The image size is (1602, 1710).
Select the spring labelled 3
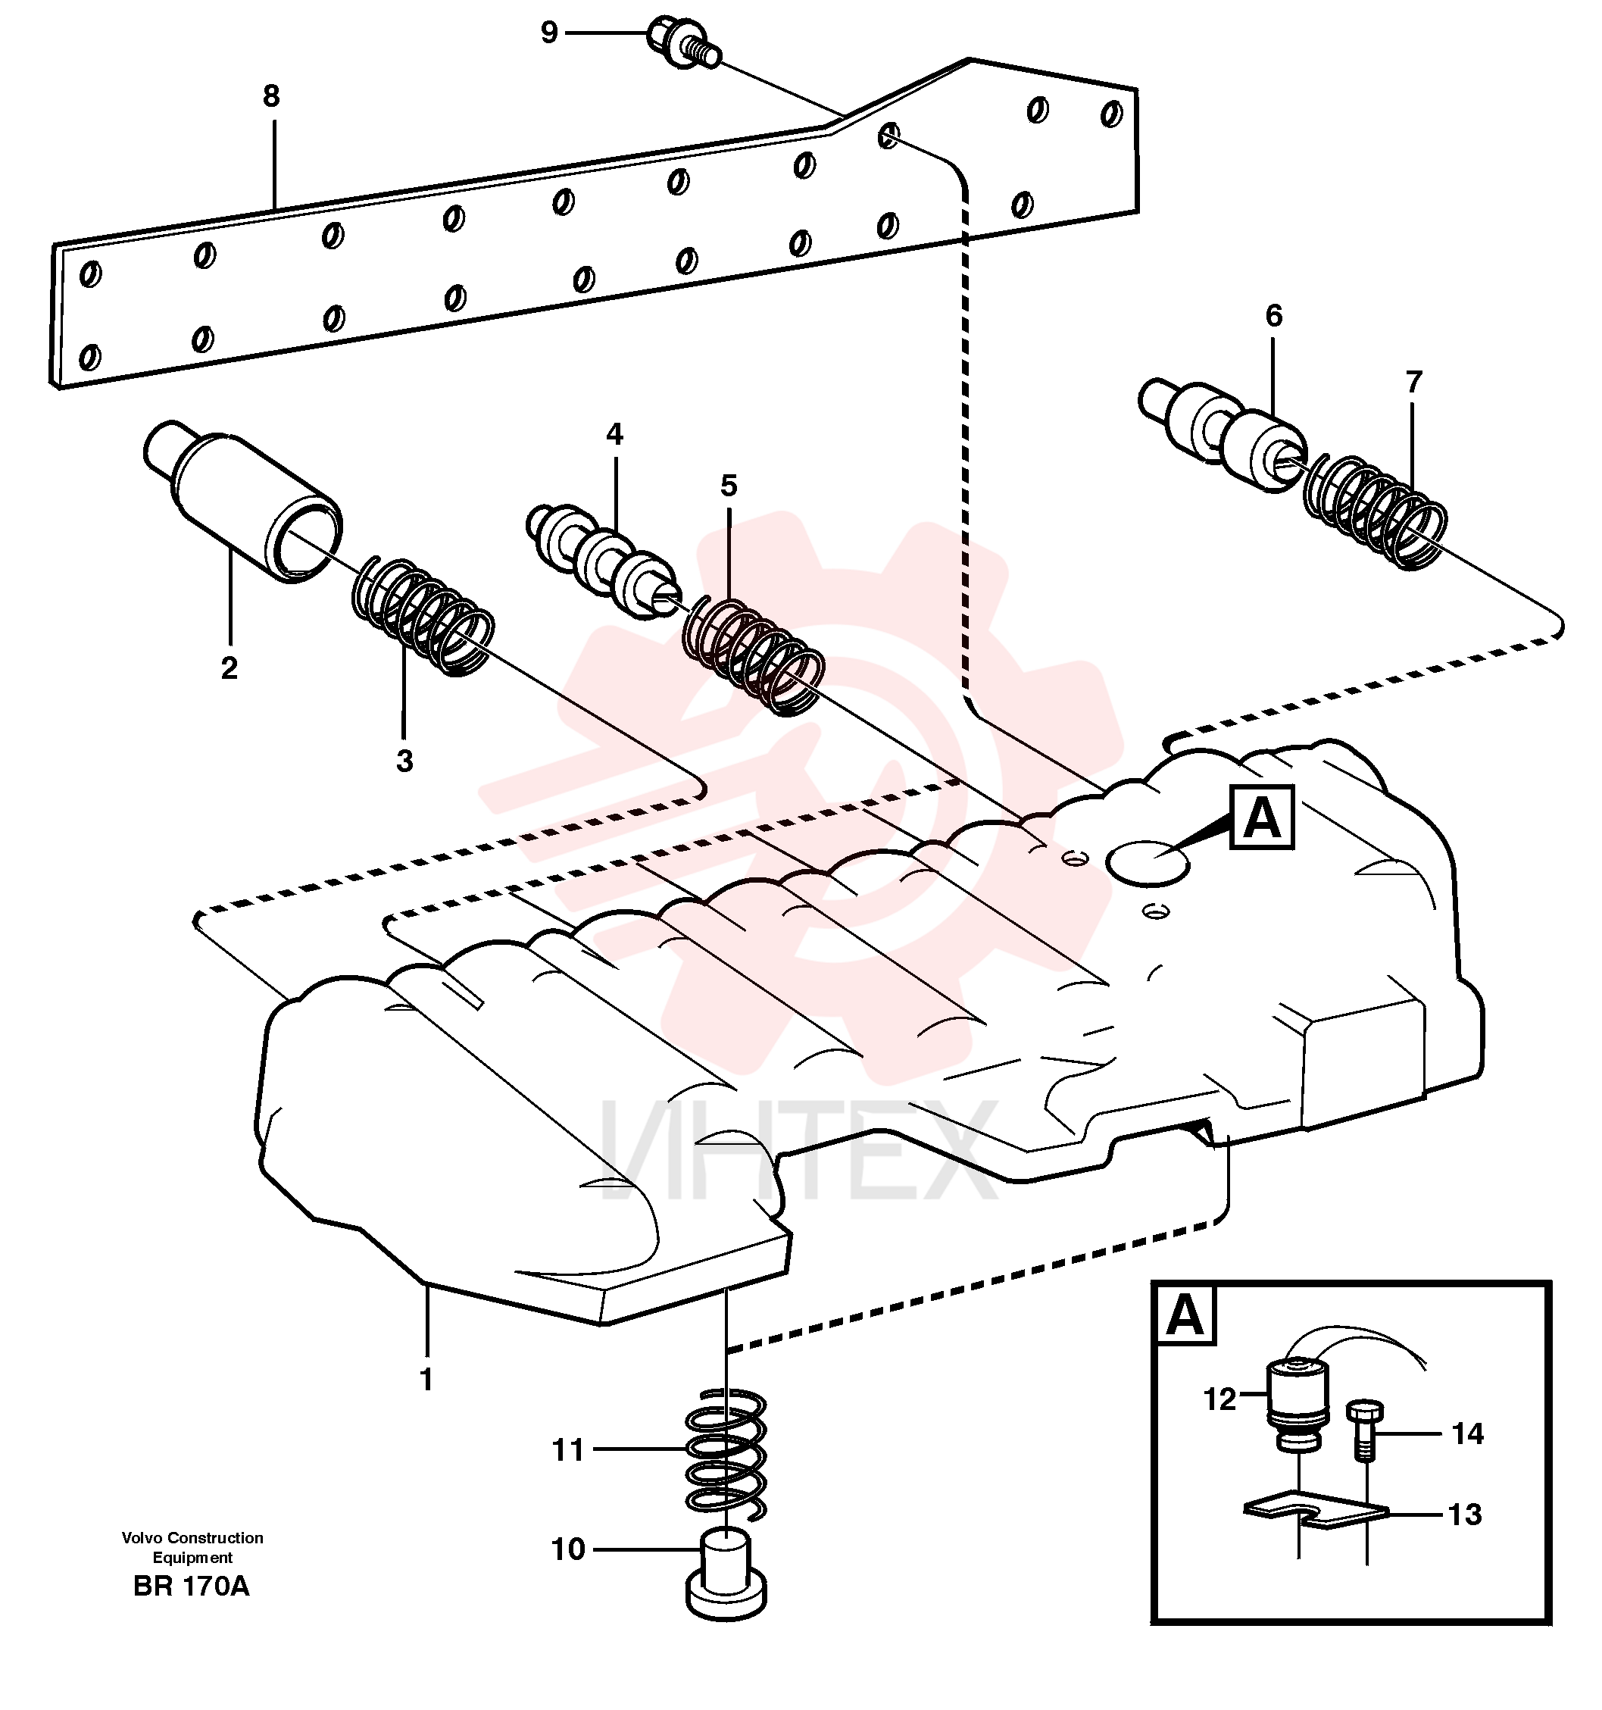point(423,617)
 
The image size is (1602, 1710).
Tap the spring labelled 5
point(753,655)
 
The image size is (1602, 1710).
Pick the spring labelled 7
point(1375,511)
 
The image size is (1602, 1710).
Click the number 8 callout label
point(271,96)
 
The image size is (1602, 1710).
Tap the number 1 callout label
point(426,1380)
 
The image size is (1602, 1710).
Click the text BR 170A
point(191,1587)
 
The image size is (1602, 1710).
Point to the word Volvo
point(142,1538)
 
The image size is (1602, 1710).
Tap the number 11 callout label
point(567,1451)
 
